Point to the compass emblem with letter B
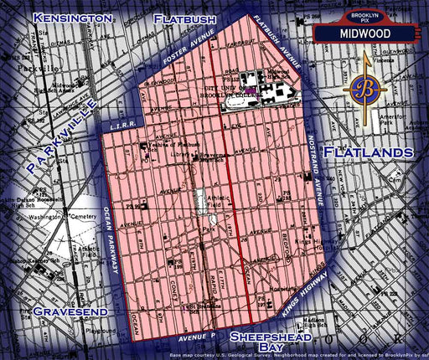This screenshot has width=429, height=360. tap(365, 89)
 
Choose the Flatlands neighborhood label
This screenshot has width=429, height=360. tap(368, 152)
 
